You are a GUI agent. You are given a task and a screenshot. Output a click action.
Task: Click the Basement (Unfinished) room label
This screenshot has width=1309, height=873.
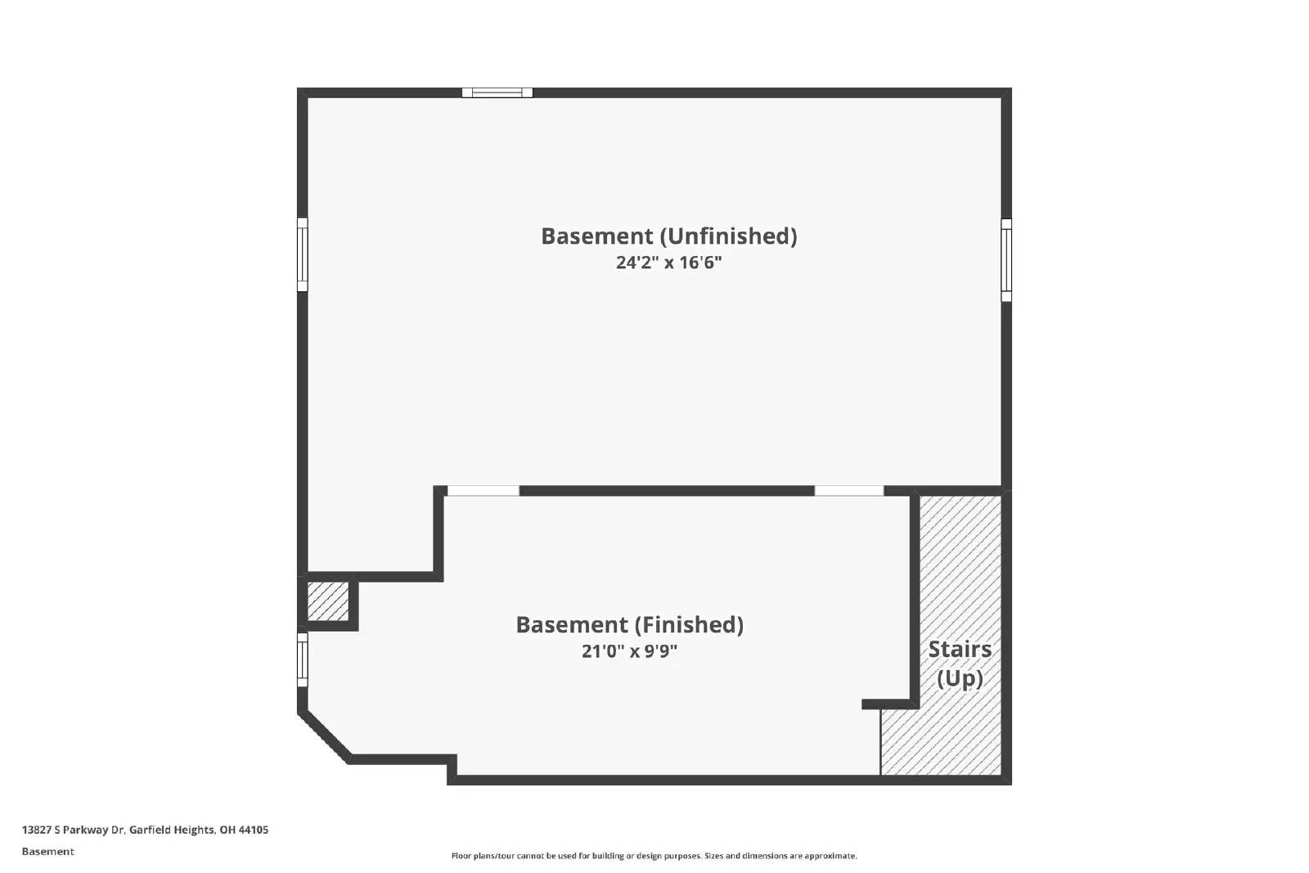pos(668,236)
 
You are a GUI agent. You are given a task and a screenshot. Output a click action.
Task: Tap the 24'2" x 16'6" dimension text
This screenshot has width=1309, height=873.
pos(668,263)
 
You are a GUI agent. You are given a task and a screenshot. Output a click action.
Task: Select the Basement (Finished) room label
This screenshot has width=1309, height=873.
pos(629,625)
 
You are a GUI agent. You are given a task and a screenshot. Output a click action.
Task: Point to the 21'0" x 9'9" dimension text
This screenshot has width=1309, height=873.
pos(629,652)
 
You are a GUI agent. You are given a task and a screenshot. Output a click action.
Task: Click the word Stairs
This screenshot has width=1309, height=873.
pos(959,650)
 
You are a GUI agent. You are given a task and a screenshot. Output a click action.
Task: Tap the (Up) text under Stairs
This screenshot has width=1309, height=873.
pos(959,678)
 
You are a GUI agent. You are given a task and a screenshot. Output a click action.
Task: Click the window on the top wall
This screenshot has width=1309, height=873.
pos(497,92)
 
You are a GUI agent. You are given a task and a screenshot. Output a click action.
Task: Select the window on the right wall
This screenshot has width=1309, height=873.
pos(1006,259)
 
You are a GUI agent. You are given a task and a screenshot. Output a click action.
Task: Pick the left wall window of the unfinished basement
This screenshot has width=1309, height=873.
pos(302,254)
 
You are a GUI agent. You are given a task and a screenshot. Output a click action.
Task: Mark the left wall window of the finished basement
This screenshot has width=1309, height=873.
pos(302,659)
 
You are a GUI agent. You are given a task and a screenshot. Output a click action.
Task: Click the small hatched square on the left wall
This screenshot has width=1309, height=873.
pos(327,601)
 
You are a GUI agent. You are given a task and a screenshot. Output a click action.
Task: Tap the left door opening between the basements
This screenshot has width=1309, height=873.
pos(483,491)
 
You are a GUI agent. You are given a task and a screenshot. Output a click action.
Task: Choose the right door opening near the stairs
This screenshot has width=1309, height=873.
pos(849,491)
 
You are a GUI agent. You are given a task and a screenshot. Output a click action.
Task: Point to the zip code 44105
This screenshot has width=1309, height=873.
pos(254,830)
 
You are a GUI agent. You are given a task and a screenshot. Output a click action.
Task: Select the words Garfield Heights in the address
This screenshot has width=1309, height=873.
pos(172,830)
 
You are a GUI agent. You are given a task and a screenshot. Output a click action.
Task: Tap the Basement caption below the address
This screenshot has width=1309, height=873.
pos(47,852)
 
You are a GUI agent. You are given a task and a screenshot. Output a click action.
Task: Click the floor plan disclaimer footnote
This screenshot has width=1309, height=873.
pos(654,856)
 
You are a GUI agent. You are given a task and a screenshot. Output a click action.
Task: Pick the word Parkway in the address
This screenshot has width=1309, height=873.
pos(87,830)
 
